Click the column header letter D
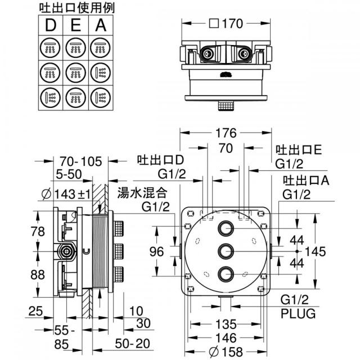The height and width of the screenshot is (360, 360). tap(51, 25)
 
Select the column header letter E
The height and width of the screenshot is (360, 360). tap(76, 25)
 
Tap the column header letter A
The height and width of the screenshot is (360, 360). tap(101, 25)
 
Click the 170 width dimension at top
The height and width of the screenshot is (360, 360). tap(226, 24)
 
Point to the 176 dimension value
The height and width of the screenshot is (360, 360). tap(226, 133)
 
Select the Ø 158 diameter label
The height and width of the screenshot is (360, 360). tap(226, 352)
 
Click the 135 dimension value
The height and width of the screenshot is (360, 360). tap(226, 324)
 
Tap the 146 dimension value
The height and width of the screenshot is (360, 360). tap(226, 338)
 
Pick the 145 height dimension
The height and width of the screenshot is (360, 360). tap(315, 251)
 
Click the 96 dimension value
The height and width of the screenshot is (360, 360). tap(156, 251)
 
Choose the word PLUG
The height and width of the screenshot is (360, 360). tap(298, 313)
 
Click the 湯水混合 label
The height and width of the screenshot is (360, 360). tap(142, 192)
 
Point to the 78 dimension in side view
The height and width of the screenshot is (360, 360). tap(38, 231)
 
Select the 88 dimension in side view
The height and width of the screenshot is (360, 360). tap(38, 274)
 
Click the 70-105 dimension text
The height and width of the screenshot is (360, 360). tap(81, 161)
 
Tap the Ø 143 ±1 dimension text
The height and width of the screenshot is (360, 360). tap(66, 195)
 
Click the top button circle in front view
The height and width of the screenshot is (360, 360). tap(226, 228)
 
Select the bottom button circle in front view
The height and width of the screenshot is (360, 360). tap(226, 274)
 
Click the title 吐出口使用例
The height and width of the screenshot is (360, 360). tap(77, 8)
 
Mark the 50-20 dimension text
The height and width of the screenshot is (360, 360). tap(133, 344)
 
